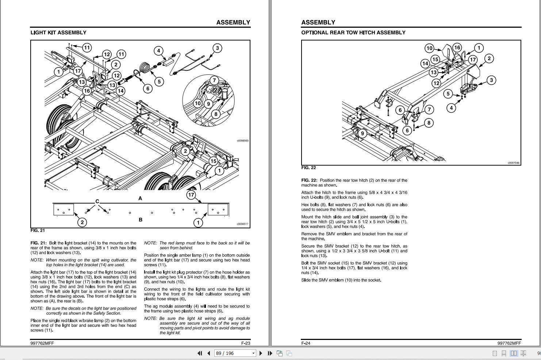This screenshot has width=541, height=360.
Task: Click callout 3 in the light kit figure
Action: [217, 48]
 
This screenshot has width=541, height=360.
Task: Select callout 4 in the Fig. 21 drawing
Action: [158, 51]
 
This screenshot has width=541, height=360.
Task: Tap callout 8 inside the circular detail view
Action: [216, 114]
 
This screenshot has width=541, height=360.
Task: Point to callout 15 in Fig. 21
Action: [213, 161]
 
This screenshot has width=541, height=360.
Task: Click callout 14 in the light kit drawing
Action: [120, 91]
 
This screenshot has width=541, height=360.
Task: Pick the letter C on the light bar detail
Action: [97, 201]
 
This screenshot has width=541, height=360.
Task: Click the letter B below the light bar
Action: [141, 220]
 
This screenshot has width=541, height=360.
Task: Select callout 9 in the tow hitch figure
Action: [362, 133]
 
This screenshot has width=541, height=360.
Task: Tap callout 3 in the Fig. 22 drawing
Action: [491, 80]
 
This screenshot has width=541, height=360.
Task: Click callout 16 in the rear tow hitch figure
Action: [457, 47]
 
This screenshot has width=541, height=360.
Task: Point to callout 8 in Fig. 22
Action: [429, 123]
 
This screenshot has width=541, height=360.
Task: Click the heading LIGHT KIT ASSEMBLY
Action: [58, 32]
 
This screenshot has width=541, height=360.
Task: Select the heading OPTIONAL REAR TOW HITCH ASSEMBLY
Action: [353, 32]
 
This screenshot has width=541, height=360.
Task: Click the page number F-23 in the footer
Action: [246, 343]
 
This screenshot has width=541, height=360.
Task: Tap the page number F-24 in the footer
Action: [306, 343]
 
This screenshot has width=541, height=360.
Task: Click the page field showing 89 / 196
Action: [234, 353]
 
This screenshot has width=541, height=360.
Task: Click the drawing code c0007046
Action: [514, 163]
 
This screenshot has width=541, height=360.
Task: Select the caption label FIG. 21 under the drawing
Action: [38, 231]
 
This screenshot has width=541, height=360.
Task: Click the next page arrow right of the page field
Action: [261, 353]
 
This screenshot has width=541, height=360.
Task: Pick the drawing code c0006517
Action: [242, 224]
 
